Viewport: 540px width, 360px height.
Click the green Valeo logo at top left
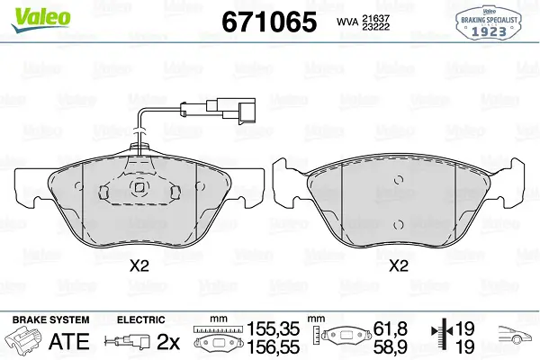[x=40, y=19]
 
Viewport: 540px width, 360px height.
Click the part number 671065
[x=269, y=22]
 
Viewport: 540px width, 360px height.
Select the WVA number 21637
[x=375, y=18]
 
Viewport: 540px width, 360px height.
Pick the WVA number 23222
[x=375, y=26]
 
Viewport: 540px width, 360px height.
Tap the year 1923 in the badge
[x=489, y=31]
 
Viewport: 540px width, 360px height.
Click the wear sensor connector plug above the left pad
[x=231, y=111]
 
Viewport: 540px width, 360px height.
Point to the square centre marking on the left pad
[x=139, y=187]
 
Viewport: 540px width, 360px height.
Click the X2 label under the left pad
[x=139, y=266]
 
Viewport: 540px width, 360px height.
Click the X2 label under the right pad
[x=399, y=266]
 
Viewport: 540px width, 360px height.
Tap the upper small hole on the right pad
[x=399, y=180]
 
